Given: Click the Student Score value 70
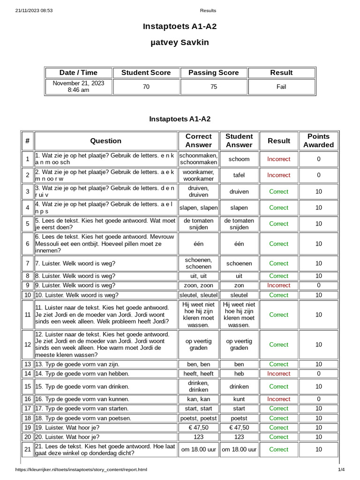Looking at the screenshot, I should [x=146, y=87].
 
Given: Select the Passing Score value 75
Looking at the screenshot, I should [x=214, y=87].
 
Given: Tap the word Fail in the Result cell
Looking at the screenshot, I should [x=281, y=87].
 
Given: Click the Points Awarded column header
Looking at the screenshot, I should [x=318, y=141].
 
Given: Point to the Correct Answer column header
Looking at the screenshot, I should [x=199, y=141].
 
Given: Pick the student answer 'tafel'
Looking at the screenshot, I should [x=239, y=175].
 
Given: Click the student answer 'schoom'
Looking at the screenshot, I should [x=239, y=159].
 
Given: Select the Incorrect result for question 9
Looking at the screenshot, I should [x=279, y=285].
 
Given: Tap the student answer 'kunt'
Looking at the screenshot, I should [x=239, y=399].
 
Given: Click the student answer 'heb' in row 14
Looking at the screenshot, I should [x=239, y=374].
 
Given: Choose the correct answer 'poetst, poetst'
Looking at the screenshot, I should [x=199, y=418].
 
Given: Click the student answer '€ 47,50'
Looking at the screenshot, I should [x=239, y=427].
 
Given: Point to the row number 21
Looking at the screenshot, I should [x=28, y=450].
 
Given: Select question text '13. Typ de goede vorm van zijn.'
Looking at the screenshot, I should [x=77, y=364].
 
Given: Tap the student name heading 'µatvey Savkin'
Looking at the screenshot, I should [x=180, y=43].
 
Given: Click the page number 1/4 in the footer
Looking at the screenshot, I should [x=341, y=469].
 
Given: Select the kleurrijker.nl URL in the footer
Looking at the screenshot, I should [x=81, y=469].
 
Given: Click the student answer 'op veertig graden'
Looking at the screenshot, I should [x=239, y=345].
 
